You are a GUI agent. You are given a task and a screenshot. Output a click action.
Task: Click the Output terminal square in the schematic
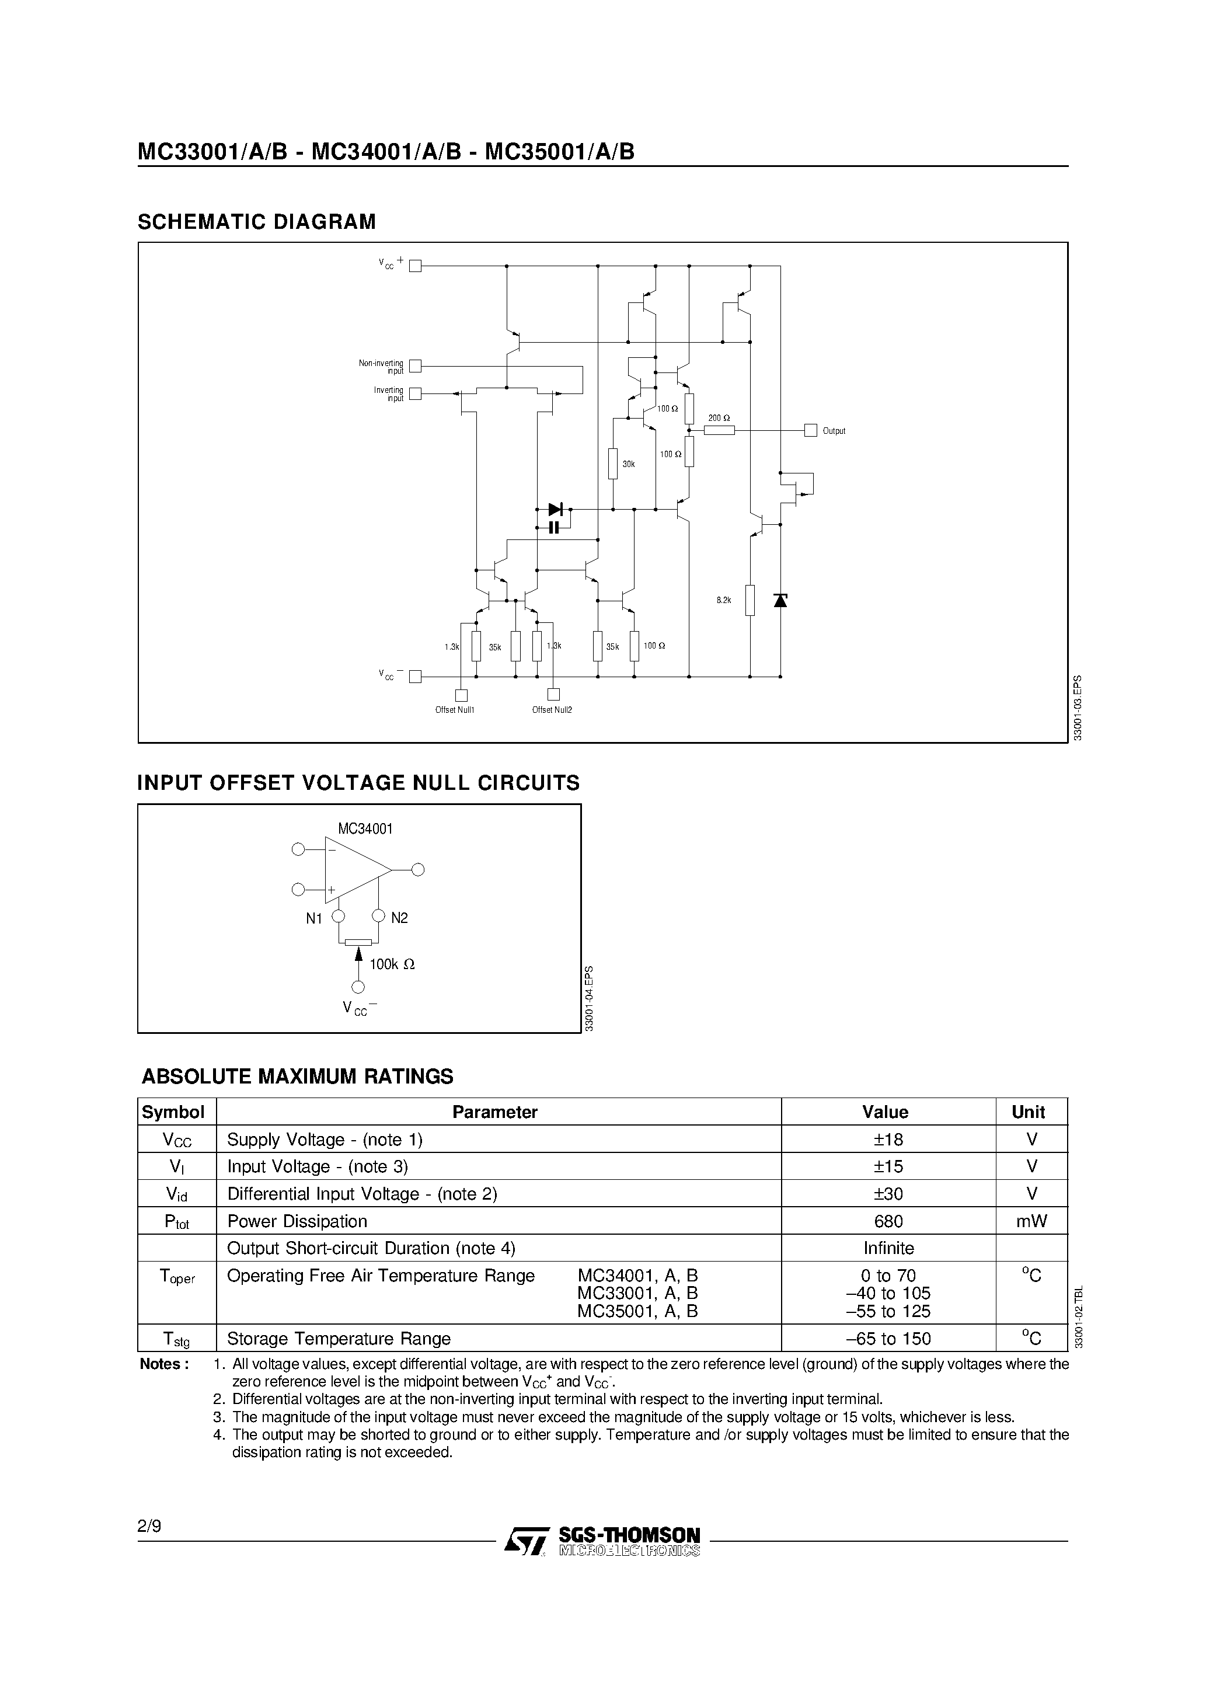click(810, 430)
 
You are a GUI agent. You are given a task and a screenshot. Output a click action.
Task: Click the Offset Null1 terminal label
click(454, 710)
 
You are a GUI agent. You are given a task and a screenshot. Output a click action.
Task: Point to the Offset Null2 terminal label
click(552, 710)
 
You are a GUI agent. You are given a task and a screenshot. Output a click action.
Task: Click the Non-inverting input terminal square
click(416, 366)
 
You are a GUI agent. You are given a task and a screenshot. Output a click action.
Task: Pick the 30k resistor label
click(628, 464)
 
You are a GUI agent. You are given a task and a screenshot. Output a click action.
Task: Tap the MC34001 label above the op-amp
click(365, 828)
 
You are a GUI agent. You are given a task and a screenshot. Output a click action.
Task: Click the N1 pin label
click(314, 919)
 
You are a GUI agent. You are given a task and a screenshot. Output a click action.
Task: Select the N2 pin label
click(399, 918)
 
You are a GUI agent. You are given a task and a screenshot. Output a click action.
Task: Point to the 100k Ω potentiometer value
click(392, 964)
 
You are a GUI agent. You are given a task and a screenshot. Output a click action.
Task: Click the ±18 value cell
click(888, 1139)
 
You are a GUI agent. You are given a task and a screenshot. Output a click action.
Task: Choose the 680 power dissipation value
click(888, 1221)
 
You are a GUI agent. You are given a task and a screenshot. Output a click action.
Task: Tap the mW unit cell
click(1031, 1221)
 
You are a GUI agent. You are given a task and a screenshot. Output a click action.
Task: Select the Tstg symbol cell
click(176, 1339)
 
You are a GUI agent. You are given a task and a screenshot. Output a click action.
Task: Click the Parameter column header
click(494, 1112)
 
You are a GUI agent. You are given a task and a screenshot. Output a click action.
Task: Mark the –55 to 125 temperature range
click(888, 1312)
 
